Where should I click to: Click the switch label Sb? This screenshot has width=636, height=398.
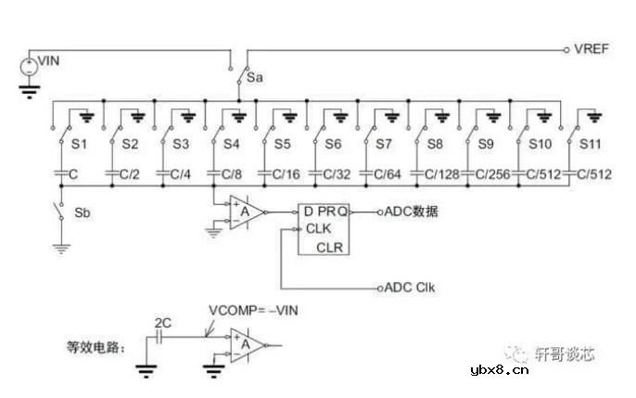pyautogui.click(x=82, y=212)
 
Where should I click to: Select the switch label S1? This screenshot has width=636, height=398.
pyautogui.click(x=79, y=145)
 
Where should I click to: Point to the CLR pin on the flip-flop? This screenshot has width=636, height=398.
pyautogui.click(x=330, y=247)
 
